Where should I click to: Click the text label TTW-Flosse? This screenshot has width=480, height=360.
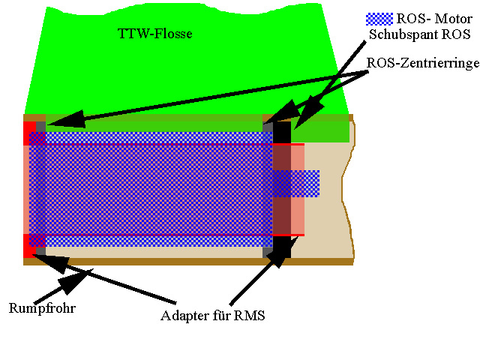click(155, 34)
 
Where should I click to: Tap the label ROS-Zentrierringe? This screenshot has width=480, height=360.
click(422, 65)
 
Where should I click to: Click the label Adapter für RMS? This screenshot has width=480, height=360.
click(213, 315)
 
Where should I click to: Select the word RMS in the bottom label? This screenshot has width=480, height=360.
click(249, 315)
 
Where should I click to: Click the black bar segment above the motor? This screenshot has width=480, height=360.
click(282, 132)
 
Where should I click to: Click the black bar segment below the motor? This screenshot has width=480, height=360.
click(282, 247)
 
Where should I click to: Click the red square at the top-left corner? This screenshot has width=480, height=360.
click(29, 133)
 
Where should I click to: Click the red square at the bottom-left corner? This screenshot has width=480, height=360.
click(29, 246)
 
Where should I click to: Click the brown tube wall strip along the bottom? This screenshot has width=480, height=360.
click(187, 262)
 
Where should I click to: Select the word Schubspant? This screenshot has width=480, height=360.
click(394, 35)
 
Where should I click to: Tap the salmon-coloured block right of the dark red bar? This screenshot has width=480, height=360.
click(298, 157)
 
